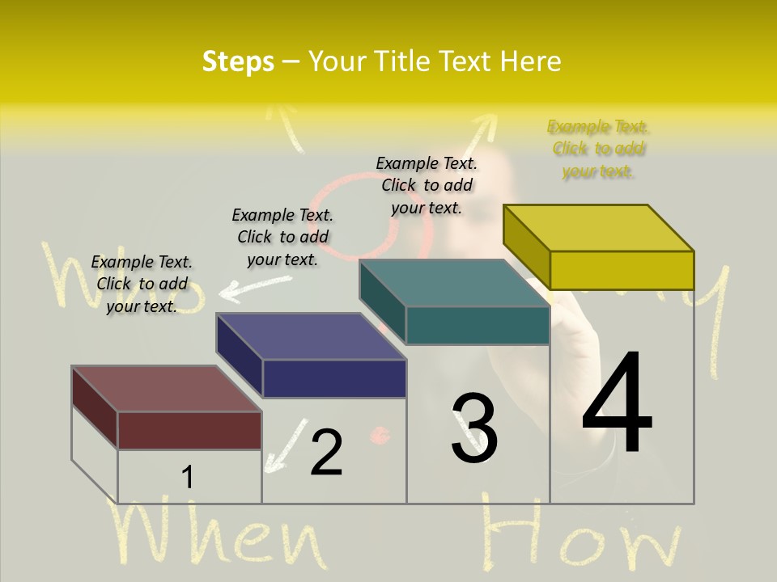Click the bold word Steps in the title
pos(238,61)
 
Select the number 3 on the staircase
pos(474,428)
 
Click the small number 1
pos(187,478)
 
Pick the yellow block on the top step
pos(599,247)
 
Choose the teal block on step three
pos(455,302)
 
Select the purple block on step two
pos(312,356)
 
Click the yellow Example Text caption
pos(598,149)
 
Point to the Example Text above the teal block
pos(427,185)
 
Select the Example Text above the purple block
pos(282,237)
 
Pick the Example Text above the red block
pos(142,284)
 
